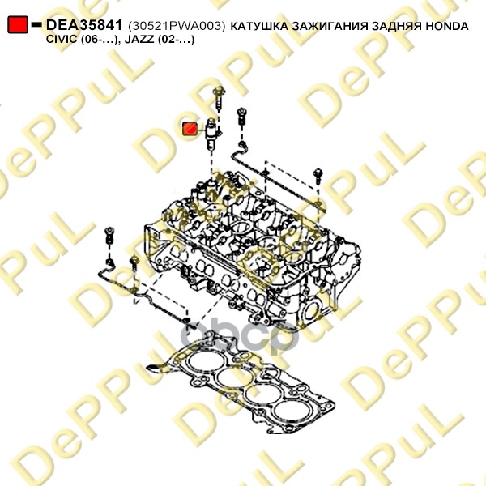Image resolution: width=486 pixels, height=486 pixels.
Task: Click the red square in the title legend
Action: [x=17, y=26]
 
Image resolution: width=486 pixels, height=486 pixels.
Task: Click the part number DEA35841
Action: [x=84, y=26]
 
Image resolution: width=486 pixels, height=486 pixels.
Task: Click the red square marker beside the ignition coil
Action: [x=189, y=128]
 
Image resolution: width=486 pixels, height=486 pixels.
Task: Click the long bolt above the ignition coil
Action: [x=220, y=100]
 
